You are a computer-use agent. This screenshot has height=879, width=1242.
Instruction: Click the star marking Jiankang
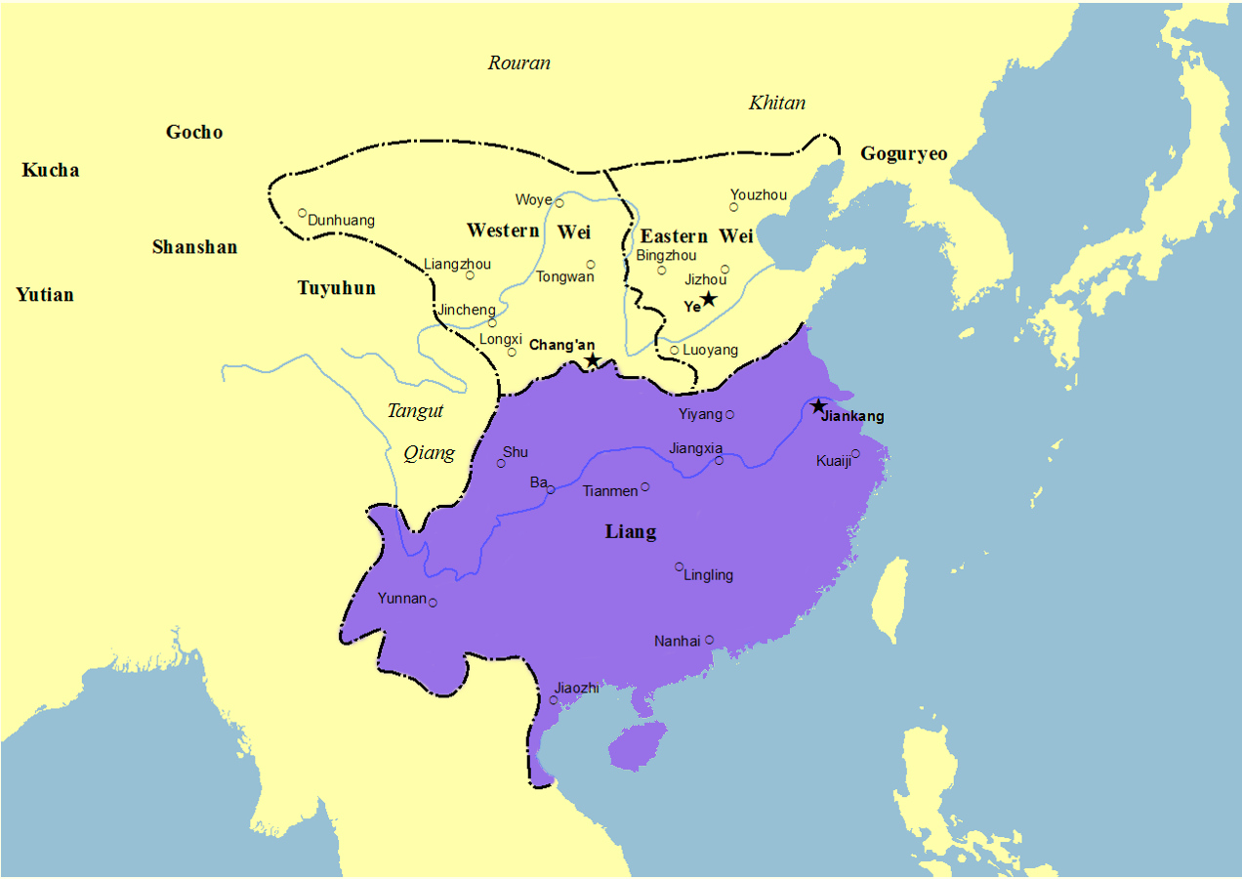(x=818, y=406)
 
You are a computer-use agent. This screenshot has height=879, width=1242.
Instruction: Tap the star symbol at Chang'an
(x=593, y=360)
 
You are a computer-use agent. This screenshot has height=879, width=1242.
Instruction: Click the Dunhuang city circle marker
(x=303, y=213)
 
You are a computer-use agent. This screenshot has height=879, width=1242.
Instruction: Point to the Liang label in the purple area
(x=631, y=532)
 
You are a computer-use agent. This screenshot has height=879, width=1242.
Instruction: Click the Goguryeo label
(x=903, y=154)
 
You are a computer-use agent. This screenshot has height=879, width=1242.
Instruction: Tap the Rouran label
(x=518, y=63)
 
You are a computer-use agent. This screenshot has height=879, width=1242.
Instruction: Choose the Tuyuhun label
(x=336, y=288)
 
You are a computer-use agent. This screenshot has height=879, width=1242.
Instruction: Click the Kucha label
(x=51, y=171)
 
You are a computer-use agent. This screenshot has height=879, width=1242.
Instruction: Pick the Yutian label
(x=45, y=295)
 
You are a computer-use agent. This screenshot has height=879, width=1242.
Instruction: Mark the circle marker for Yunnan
(x=433, y=603)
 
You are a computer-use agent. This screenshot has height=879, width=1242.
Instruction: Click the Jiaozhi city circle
(x=554, y=699)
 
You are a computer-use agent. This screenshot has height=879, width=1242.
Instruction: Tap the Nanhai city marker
(x=709, y=640)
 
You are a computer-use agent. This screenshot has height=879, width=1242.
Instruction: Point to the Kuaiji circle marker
(x=855, y=453)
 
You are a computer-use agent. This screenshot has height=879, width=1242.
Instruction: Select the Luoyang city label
(x=711, y=350)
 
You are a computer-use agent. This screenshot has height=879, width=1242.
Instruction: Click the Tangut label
(x=415, y=411)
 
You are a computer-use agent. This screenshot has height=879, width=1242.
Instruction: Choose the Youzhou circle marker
(x=733, y=207)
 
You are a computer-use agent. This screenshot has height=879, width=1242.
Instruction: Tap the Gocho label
(x=194, y=132)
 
